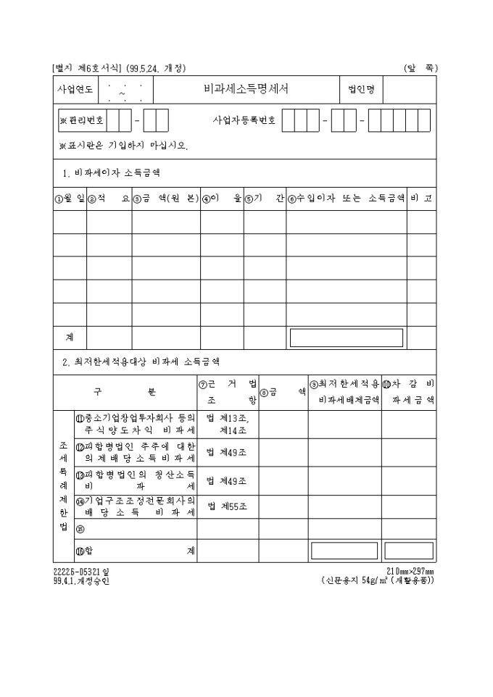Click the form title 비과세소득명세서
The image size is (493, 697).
pos(246,91)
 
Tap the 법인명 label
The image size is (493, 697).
pos(360,91)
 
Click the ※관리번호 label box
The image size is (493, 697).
pos(82,120)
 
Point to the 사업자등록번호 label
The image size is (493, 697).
pos(244,120)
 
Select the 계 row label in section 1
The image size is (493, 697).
pos(70,338)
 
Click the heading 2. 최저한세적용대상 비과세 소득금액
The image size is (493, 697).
pos(141,360)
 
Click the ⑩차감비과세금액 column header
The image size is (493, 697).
pos(409,391)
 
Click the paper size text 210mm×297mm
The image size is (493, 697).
pos(410,571)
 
